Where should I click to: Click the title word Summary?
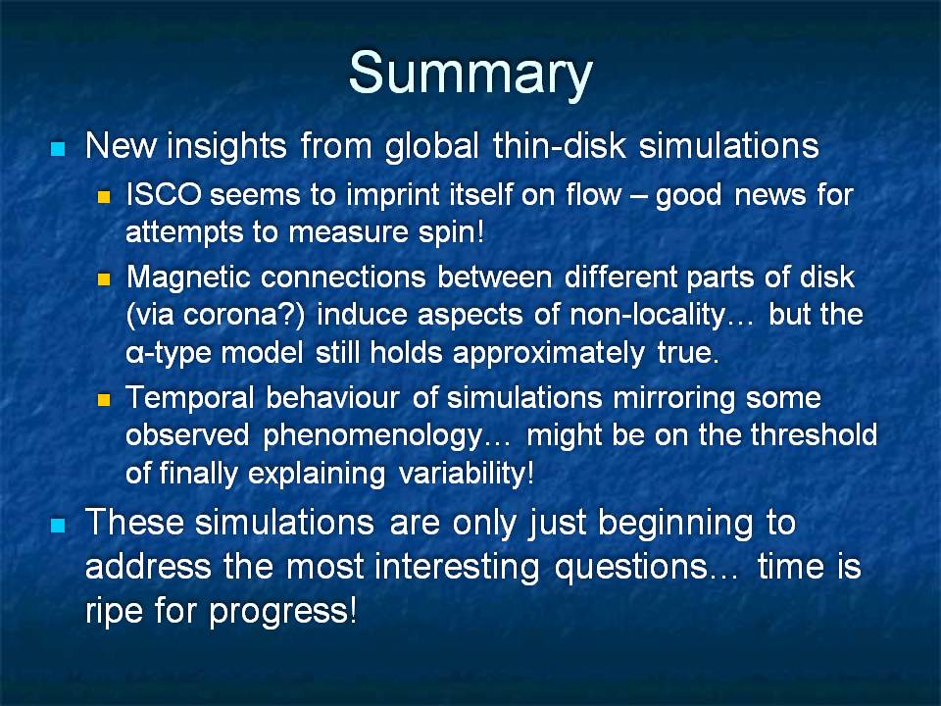(470, 75)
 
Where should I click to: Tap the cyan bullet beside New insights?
(58, 148)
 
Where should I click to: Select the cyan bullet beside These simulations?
(58, 526)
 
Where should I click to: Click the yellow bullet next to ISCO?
(105, 197)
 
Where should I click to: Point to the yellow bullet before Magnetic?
(105, 279)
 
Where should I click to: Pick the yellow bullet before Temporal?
(105, 400)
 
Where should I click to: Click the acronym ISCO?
(164, 194)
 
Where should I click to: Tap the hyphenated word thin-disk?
(560, 145)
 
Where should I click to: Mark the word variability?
(466, 473)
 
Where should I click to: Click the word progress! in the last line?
(282, 612)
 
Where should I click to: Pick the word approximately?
(549, 353)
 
